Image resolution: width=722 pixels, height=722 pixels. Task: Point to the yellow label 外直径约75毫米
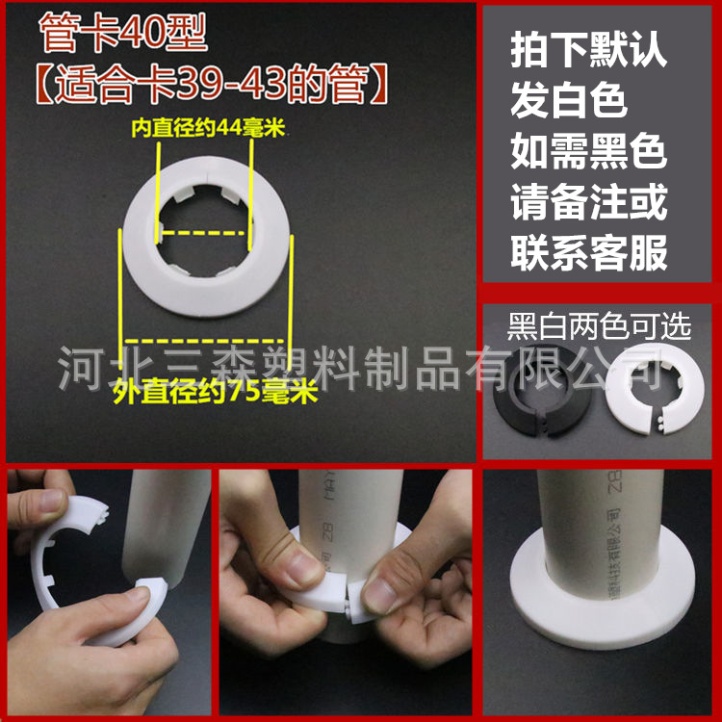pyautogui.click(x=215, y=392)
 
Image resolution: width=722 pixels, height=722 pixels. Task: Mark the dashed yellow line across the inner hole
pyautogui.click(x=204, y=233)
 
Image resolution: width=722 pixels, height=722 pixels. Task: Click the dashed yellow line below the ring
pyautogui.click(x=204, y=340)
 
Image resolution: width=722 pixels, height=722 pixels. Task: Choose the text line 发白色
pyautogui.click(x=569, y=101)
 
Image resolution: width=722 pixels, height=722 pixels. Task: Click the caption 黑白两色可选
pyautogui.click(x=600, y=327)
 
